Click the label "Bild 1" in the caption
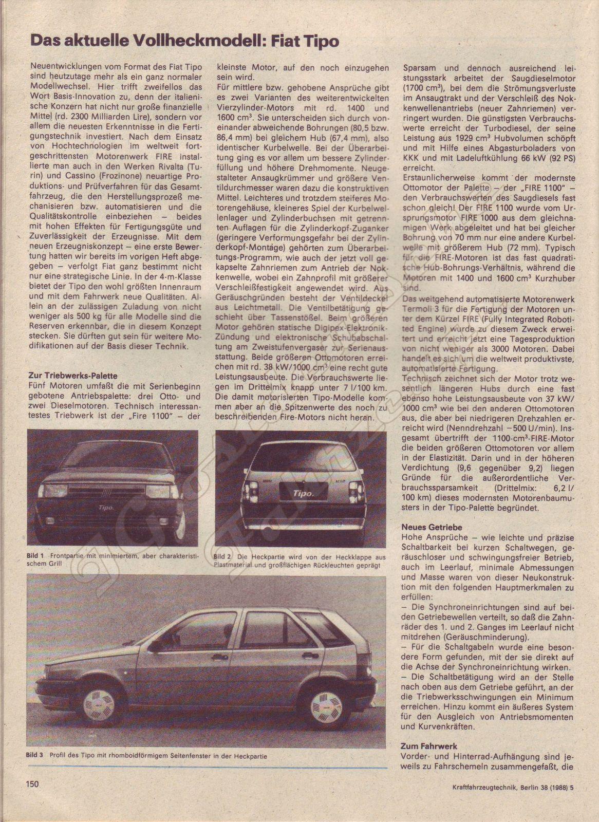35,556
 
